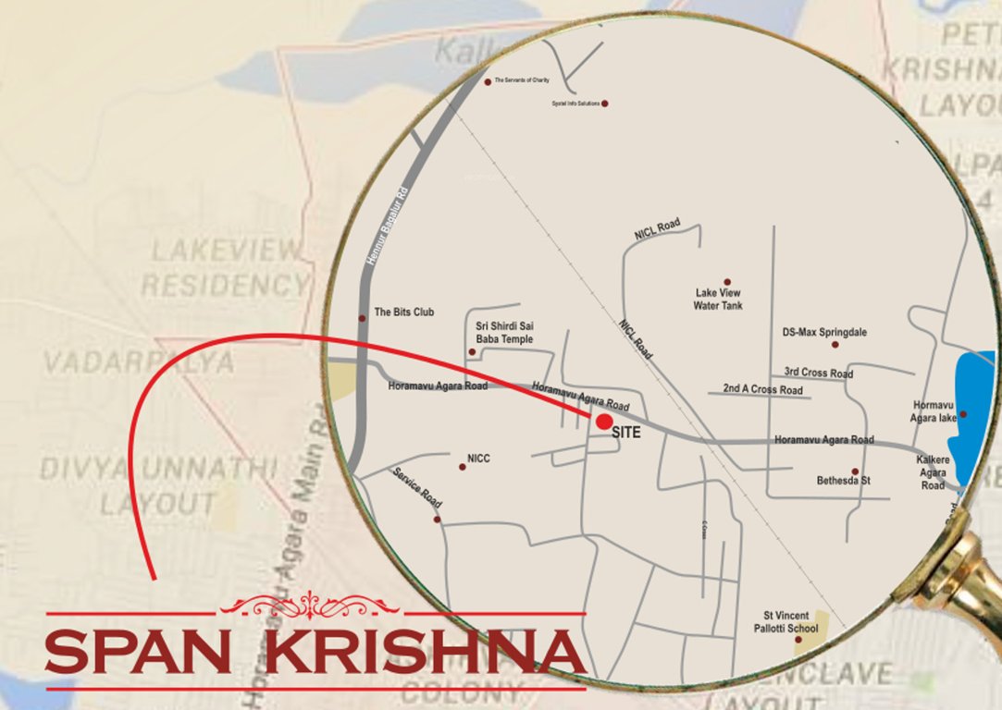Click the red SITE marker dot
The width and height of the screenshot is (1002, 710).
point(603,422)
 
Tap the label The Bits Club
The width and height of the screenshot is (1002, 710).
point(403,312)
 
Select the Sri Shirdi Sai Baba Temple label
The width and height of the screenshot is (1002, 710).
point(504,333)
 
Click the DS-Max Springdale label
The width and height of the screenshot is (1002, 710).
point(824,332)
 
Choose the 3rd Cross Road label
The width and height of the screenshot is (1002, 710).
point(818,373)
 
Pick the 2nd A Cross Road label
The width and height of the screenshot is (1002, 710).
point(762,390)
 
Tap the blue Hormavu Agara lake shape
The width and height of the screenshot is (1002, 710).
point(975,416)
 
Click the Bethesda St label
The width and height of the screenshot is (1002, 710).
point(843,481)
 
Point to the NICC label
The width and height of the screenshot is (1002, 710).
point(478,458)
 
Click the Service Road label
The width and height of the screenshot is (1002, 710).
point(417,488)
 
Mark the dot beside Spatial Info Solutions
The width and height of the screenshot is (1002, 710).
point(605,104)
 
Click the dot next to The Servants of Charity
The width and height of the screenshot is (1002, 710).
point(488,81)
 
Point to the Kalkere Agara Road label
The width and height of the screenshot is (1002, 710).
point(932,471)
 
